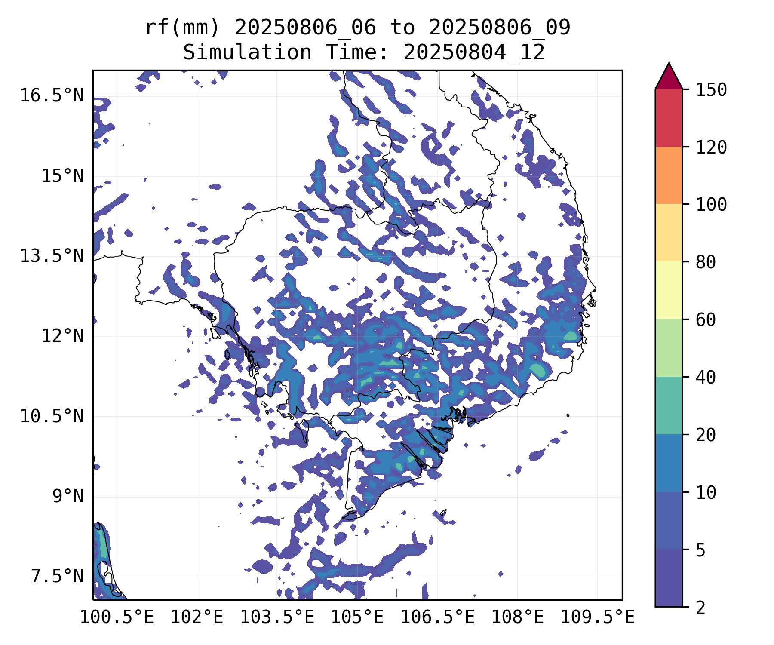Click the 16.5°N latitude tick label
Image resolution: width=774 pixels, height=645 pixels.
[x=52, y=95]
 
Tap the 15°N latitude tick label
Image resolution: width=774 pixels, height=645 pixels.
[x=62, y=176]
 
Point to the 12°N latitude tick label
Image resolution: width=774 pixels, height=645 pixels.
[x=62, y=336]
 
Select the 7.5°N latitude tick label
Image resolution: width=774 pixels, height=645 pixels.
[x=57, y=576]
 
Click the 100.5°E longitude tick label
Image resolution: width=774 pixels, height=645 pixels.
[x=117, y=617]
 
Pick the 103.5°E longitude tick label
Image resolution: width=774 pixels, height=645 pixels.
[x=277, y=617]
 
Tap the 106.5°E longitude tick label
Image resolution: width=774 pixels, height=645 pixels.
[x=438, y=617]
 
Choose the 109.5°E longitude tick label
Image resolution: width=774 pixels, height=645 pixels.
[x=598, y=617]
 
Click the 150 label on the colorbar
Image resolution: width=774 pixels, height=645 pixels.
[x=711, y=90]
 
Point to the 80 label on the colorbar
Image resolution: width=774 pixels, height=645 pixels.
[x=706, y=262]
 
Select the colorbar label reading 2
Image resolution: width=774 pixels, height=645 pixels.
[x=701, y=608]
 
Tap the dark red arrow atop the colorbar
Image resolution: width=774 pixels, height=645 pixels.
[x=669, y=77]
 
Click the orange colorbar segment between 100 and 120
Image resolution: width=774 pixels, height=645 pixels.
[x=669, y=175]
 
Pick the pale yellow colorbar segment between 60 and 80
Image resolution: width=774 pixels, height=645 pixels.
[x=669, y=290]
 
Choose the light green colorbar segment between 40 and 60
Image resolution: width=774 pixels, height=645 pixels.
[x=669, y=348]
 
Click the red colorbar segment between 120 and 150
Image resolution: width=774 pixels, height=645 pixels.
[x=669, y=118]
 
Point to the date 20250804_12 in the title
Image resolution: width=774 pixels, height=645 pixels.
[x=474, y=53]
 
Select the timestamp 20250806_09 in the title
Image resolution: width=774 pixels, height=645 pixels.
[x=500, y=28]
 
